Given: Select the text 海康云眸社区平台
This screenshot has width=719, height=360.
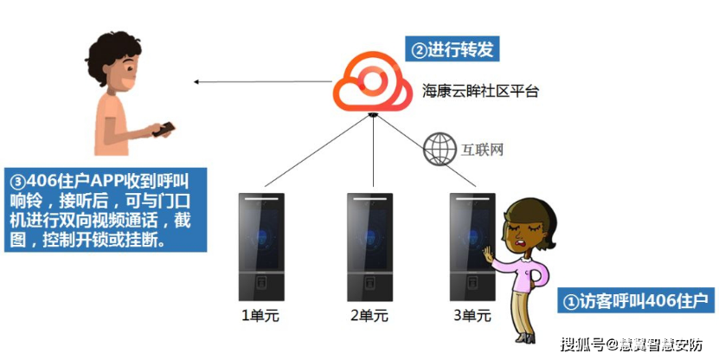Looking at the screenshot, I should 480,90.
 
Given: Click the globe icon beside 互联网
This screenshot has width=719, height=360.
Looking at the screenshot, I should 440,149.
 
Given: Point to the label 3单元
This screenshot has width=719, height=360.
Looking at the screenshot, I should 472,316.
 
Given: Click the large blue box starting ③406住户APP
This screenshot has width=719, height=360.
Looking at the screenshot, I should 104,209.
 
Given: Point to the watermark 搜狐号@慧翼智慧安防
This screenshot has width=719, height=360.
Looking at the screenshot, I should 631,344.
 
